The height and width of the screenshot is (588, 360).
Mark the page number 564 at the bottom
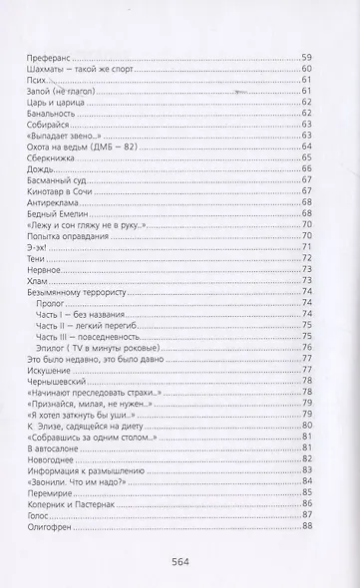180,564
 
